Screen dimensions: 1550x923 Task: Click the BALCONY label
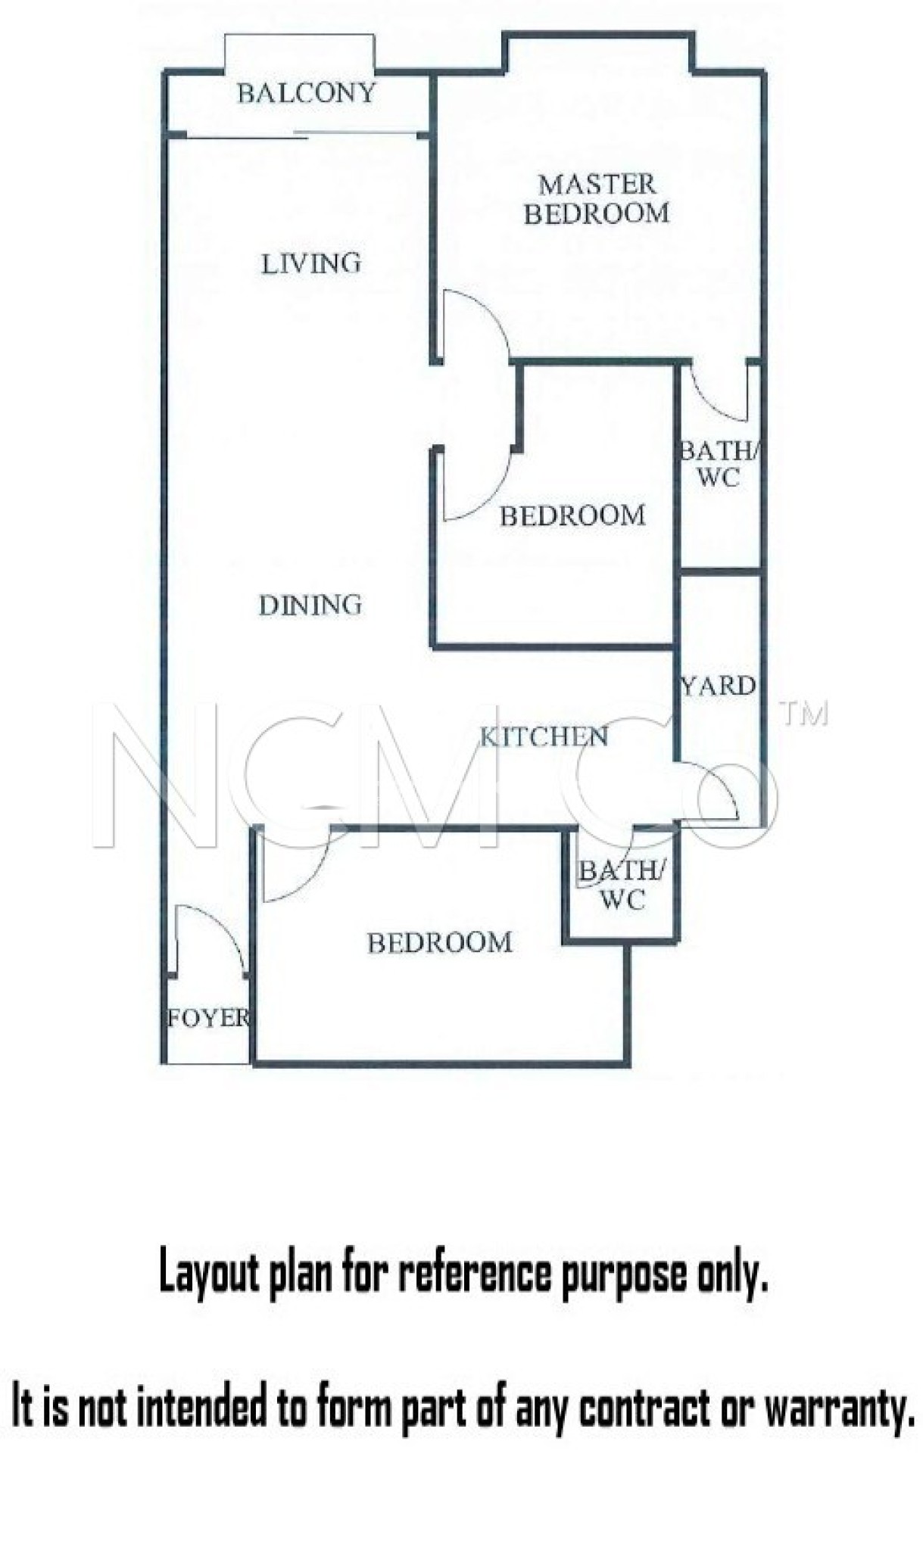[x=306, y=93]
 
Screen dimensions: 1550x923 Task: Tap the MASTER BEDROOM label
[x=597, y=199]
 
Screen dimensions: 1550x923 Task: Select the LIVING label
[x=311, y=263]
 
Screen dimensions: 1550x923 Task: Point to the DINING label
[x=310, y=605]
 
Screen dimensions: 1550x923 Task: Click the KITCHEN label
[x=544, y=736]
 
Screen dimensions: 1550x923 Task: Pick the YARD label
[x=718, y=686]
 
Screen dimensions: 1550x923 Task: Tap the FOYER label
[x=207, y=1018]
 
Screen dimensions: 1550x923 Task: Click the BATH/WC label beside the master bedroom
[x=718, y=464]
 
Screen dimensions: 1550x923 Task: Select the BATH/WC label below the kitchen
[x=622, y=885]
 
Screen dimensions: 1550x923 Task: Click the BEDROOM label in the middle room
[x=572, y=516]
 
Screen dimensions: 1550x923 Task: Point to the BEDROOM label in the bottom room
[x=440, y=942]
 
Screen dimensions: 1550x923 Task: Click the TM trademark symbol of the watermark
[x=804, y=714]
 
